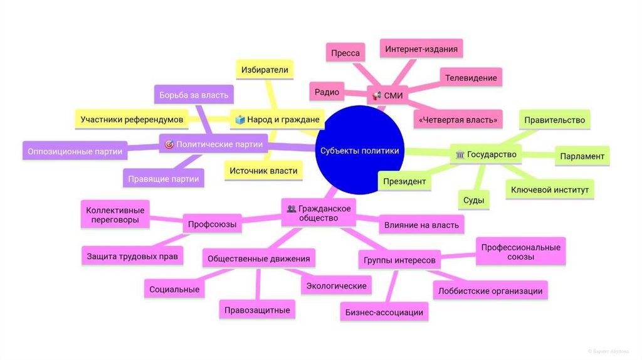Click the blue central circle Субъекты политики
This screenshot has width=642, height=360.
(359, 151)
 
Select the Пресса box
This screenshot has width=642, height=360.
(345, 53)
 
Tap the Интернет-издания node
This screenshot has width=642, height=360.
(421, 49)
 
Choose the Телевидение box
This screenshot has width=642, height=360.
(471, 78)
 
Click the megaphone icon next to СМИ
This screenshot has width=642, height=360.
(377, 96)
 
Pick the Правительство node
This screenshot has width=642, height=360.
(554, 120)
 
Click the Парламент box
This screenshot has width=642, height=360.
(582, 156)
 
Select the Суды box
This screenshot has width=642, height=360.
(473, 201)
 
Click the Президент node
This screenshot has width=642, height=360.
(405, 182)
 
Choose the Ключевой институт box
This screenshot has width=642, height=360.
(550, 189)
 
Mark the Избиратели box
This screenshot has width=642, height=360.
(265, 70)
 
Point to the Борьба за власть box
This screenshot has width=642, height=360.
(194, 95)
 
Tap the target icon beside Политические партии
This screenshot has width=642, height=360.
(168, 144)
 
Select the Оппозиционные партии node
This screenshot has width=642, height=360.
(74, 151)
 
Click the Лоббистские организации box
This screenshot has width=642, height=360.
(490, 290)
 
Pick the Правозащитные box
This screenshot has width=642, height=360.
(257, 309)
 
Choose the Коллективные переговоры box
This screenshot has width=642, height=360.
(115, 216)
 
